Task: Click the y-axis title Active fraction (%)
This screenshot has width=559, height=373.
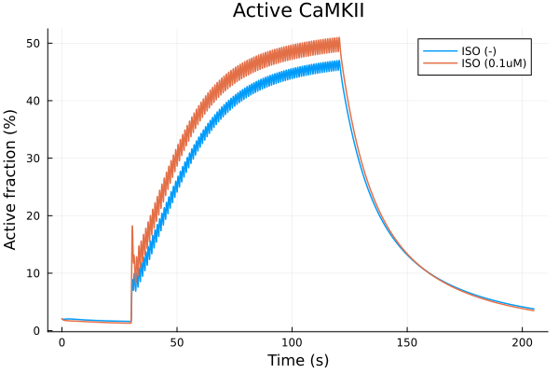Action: [11, 179]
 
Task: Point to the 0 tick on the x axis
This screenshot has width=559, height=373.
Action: [61, 342]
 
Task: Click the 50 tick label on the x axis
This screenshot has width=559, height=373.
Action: [177, 342]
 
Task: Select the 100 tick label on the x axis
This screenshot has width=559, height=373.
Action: [293, 342]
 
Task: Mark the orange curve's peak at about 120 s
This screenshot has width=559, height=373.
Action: [339, 38]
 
